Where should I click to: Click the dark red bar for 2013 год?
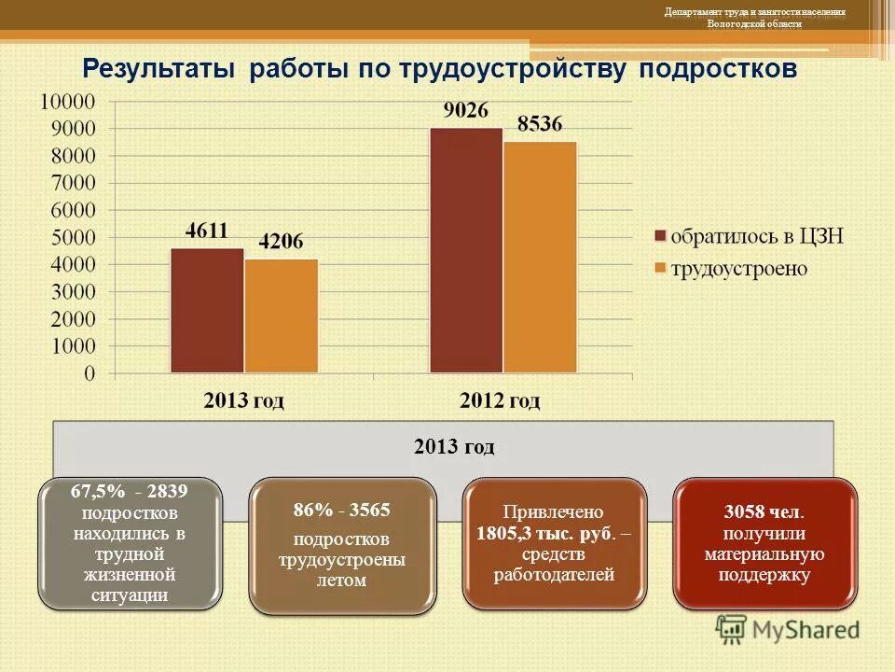207,311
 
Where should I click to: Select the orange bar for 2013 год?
281,316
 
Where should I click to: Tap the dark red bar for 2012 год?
466,250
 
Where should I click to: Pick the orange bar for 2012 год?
540,258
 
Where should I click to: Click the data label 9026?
465,111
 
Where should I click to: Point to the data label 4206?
281,243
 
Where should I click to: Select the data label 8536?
540,124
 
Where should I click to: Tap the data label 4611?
208,231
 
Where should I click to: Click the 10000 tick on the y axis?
68,101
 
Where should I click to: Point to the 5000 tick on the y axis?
74,238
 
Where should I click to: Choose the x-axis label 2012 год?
501,401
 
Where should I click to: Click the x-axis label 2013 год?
244,401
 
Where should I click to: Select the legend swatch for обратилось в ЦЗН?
661,236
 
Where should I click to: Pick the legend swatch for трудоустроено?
661,269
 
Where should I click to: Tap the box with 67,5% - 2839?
130,543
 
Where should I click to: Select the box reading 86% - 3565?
341,546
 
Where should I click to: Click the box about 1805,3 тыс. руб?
554,544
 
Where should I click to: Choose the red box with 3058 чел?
764,543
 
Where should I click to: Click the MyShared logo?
788,629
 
